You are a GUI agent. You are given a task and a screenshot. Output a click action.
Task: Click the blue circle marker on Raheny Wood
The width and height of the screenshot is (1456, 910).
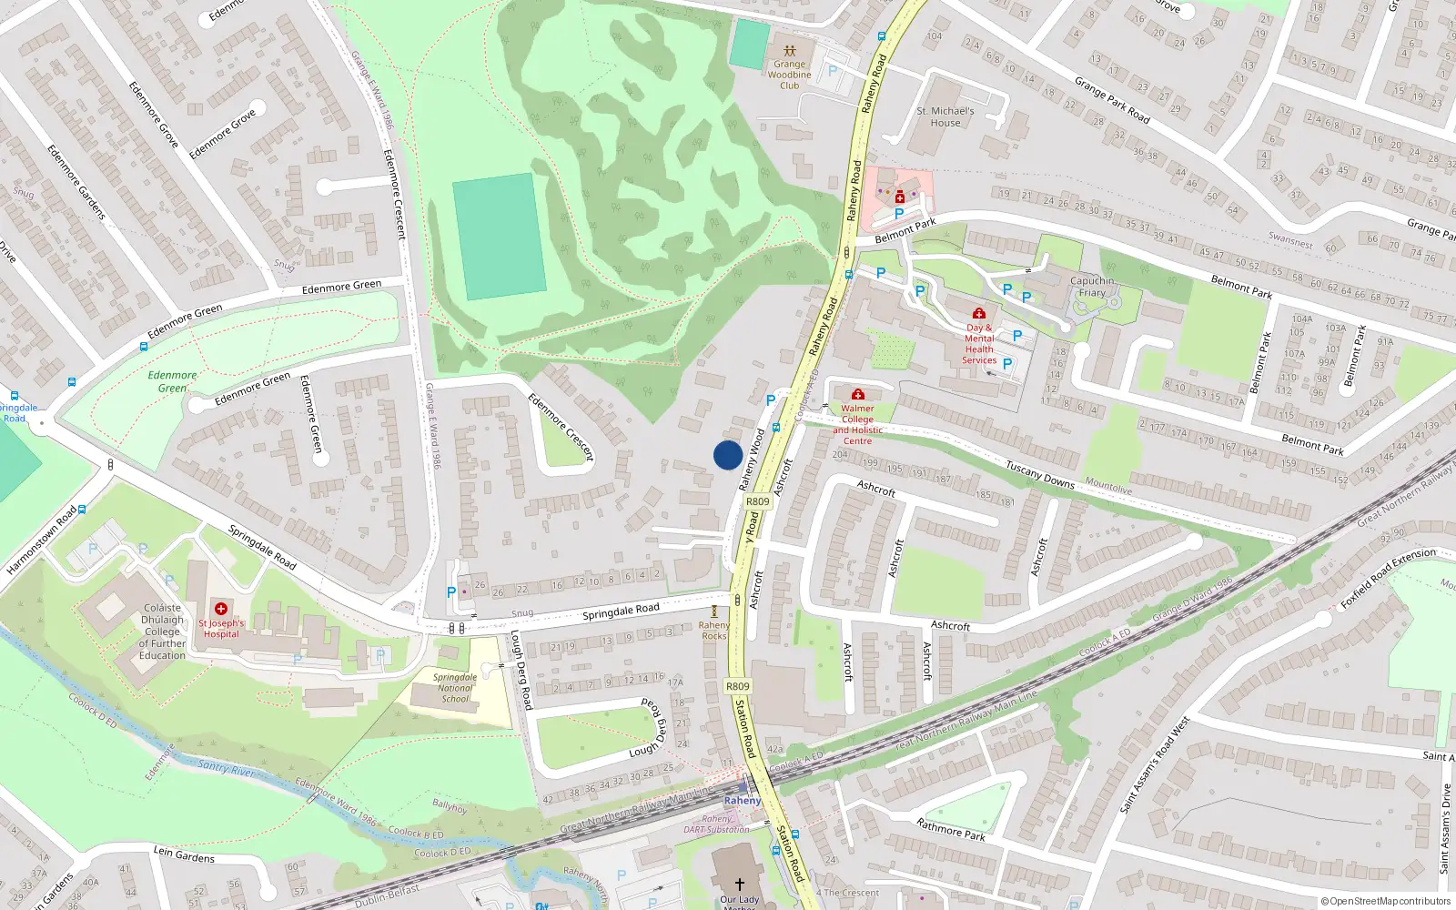[x=727, y=455]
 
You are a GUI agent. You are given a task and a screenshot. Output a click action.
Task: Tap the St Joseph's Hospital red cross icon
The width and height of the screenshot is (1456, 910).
[x=221, y=608]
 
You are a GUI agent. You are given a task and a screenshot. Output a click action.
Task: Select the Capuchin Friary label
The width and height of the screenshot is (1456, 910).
[x=1092, y=287]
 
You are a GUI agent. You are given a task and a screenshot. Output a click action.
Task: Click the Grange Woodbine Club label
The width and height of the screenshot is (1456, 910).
[x=789, y=75]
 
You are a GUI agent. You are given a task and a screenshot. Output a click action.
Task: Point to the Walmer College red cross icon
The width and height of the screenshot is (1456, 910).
[x=857, y=394]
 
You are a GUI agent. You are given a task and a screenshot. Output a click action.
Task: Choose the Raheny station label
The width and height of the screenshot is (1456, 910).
[x=742, y=801]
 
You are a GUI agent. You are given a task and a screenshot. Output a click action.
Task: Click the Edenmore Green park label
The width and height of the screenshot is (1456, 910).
[x=172, y=381]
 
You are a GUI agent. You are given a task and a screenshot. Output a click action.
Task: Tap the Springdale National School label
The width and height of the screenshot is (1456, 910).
[x=455, y=688]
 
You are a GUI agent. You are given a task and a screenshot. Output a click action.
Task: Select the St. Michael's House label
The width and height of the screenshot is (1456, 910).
[x=945, y=116]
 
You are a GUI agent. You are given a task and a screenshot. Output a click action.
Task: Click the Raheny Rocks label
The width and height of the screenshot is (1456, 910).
[x=714, y=630]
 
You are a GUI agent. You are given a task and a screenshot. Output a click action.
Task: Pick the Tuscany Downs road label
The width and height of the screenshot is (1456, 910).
[x=1040, y=474]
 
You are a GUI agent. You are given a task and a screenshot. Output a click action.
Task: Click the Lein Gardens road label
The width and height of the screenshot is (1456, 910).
[x=184, y=854]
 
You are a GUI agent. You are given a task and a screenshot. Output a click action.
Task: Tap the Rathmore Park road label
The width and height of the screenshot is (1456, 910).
[x=951, y=829]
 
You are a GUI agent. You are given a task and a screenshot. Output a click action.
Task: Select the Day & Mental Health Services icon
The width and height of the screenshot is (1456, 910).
[x=979, y=313]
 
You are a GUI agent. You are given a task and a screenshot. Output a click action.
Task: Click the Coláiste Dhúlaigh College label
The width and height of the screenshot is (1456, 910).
[x=162, y=632]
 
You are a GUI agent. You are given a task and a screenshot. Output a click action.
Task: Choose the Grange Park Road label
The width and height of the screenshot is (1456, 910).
[x=1112, y=100]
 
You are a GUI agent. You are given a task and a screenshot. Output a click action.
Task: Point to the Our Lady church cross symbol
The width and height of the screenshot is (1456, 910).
[x=739, y=884]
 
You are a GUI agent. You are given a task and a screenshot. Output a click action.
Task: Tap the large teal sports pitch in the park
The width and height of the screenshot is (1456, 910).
[x=499, y=237]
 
